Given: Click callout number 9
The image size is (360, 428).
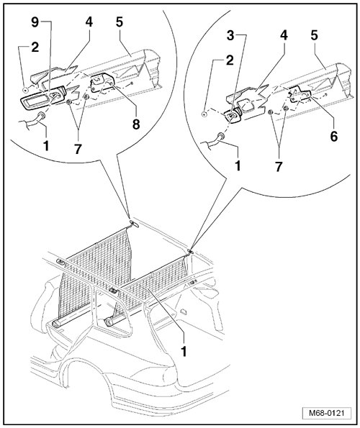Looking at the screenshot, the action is (35, 22).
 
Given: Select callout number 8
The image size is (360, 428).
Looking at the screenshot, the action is (136, 124).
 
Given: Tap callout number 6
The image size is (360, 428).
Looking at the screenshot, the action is (334, 136).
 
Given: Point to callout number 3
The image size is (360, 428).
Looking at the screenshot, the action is (230, 35).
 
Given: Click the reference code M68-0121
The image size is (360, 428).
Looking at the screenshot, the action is (326, 413).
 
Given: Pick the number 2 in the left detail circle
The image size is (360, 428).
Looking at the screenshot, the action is (35, 47).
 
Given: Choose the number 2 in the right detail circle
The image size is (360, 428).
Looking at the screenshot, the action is (230, 60).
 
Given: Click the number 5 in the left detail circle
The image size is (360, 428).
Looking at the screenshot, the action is (120, 22).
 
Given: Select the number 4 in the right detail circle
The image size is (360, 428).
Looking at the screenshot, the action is (284, 35).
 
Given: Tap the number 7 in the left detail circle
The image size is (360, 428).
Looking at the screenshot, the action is (78, 149).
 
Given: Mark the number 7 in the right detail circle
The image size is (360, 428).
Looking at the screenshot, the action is (279, 166).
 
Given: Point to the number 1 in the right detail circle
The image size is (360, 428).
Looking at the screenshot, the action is (238, 165).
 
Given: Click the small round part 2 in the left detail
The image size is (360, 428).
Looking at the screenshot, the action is (25, 88).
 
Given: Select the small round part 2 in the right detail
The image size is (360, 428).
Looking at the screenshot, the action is (204, 114).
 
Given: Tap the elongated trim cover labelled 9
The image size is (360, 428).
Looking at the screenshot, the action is (43, 98).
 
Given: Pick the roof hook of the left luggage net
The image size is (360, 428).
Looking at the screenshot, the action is (134, 223).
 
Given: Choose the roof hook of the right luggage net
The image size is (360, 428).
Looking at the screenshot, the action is (191, 251).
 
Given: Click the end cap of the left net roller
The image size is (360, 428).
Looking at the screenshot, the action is (55, 324).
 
